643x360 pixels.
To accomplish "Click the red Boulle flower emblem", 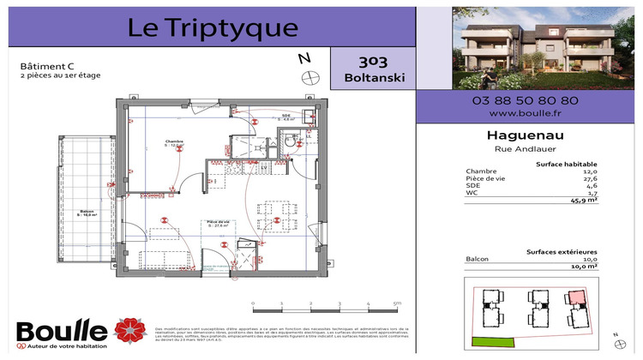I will [129, 329].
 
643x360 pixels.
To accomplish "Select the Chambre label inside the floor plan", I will [176, 141].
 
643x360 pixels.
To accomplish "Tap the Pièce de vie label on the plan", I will [218, 223].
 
